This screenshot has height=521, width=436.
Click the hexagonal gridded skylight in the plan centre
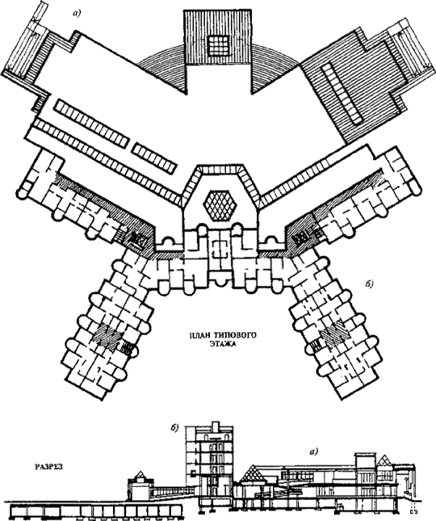(222, 205)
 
